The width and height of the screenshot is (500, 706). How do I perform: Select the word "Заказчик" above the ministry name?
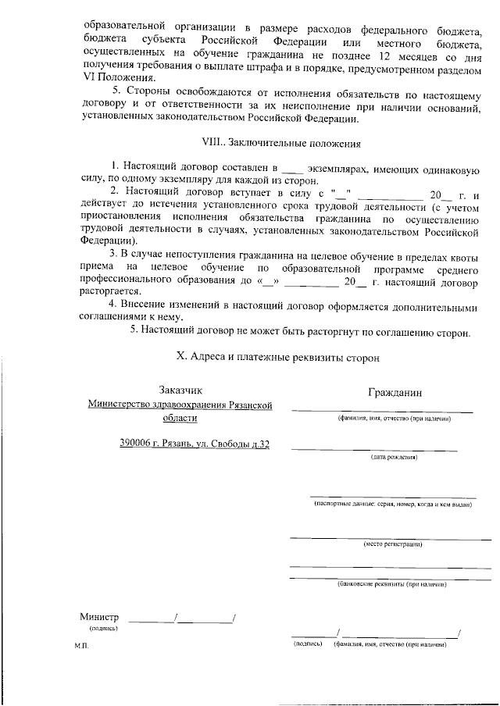(180, 390)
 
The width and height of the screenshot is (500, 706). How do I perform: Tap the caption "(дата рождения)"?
(394, 457)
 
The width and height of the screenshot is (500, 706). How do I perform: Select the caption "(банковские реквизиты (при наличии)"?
(391, 583)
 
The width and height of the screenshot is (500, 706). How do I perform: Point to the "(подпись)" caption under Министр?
(103, 627)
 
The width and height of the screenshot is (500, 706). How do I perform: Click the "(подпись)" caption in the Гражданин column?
(307, 645)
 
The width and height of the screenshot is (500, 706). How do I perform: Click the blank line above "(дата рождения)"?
(363, 449)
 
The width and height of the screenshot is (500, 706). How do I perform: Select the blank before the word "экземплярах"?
(291, 168)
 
